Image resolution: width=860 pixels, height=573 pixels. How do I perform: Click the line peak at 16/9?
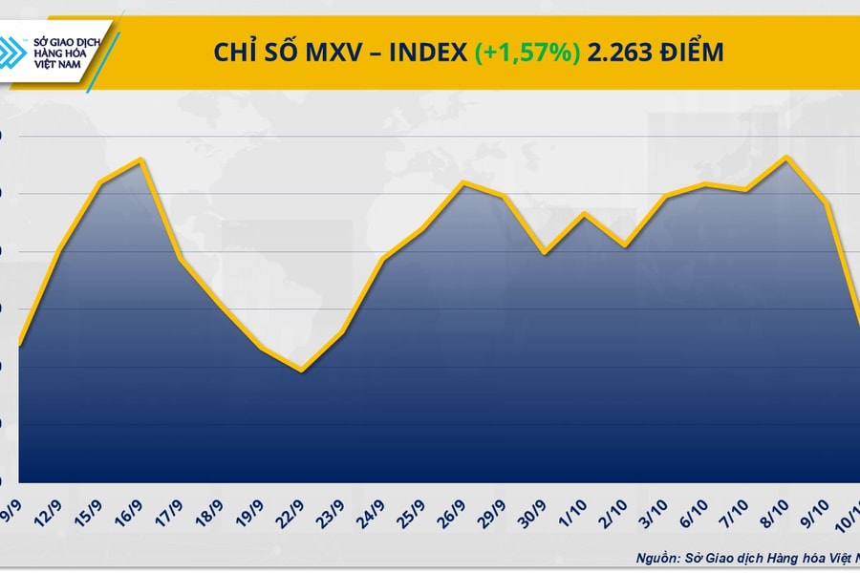141,159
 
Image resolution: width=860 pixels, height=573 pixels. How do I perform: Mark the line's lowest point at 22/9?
302,370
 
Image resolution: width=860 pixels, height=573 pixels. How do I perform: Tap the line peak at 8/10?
786,158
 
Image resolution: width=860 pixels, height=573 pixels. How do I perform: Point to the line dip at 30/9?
545,253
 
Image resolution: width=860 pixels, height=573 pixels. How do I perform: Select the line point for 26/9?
463,182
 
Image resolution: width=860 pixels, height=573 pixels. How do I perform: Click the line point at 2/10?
625,245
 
